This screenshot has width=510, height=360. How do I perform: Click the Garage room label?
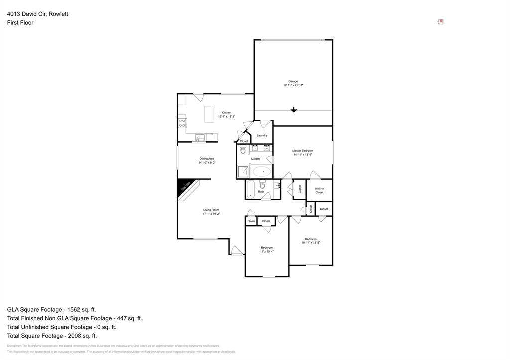pyautogui.click(x=293, y=81)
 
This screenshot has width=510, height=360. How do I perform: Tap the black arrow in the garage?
pyautogui.click(x=294, y=110)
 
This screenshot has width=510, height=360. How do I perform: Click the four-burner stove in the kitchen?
pyautogui.click(x=182, y=123)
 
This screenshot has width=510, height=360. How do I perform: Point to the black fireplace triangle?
pyautogui.click(x=184, y=187)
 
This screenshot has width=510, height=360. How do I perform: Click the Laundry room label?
pyautogui.click(x=262, y=135)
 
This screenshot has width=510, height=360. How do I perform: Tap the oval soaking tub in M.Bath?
pyautogui.click(x=261, y=172)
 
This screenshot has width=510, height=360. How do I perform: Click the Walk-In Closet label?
pyautogui.click(x=319, y=190)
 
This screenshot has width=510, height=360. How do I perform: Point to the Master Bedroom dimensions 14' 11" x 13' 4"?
pyautogui.click(x=303, y=155)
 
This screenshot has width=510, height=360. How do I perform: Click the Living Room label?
pyautogui.click(x=211, y=210)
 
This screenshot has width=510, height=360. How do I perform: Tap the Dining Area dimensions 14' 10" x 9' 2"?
pyautogui.click(x=207, y=163)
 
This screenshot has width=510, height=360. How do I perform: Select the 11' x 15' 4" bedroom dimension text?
pyautogui.click(x=267, y=252)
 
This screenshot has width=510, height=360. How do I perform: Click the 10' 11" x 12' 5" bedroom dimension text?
pyautogui.click(x=311, y=243)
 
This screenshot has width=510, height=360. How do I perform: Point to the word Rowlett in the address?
pyautogui.click(x=58, y=14)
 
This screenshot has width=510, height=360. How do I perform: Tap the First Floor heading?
pyautogui.click(x=20, y=23)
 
